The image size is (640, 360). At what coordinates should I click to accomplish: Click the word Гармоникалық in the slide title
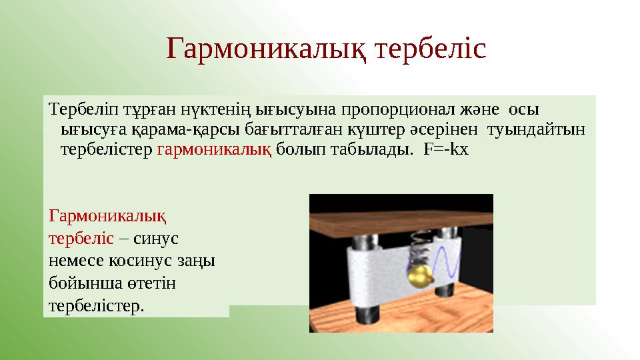[267, 49]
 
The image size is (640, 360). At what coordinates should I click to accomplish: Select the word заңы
[199, 261]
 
